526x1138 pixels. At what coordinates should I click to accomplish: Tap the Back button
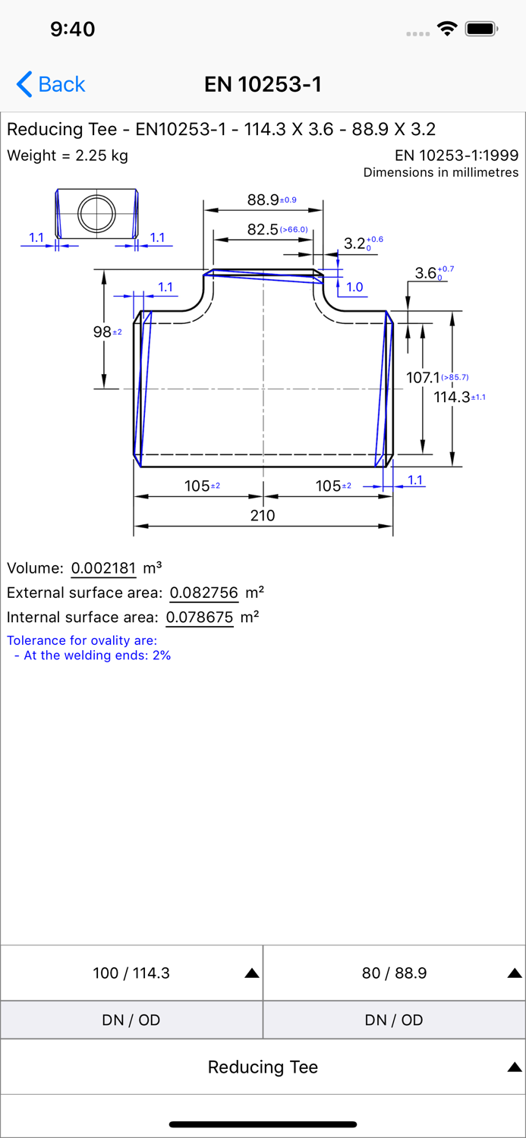pyautogui.click(x=51, y=84)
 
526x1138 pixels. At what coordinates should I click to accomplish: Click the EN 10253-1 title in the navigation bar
pyautogui.click(x=263, y=84)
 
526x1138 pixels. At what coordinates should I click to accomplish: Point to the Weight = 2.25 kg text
pyautogui.click(x=67, y=156)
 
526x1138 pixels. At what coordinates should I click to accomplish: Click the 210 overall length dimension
pyautogui.click(x=263, y=516)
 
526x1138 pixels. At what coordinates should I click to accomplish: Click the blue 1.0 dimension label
pyautogui.click(x=354, y=287)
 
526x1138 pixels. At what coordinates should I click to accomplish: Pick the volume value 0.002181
pyautogui.click(x=104, y=568)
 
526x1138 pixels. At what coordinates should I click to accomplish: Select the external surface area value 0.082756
pyautogui.click(x=203, y=593)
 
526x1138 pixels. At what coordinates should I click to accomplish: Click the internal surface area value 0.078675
pyautogui.click(x=200, y=618)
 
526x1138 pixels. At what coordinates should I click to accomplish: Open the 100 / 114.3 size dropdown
pyautogui.click(x=131, y=973)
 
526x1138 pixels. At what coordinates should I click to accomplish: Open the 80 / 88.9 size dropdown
pyautogui.click(x=395, y=973)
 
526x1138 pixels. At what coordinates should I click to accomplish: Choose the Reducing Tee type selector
pyautogui.click(x=263, y=1067)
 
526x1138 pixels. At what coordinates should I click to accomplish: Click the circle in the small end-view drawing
pyautogui.click(x=96, y=213)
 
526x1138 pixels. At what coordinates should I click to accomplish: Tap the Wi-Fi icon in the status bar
pyautogui.click(x=447, y=29)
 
